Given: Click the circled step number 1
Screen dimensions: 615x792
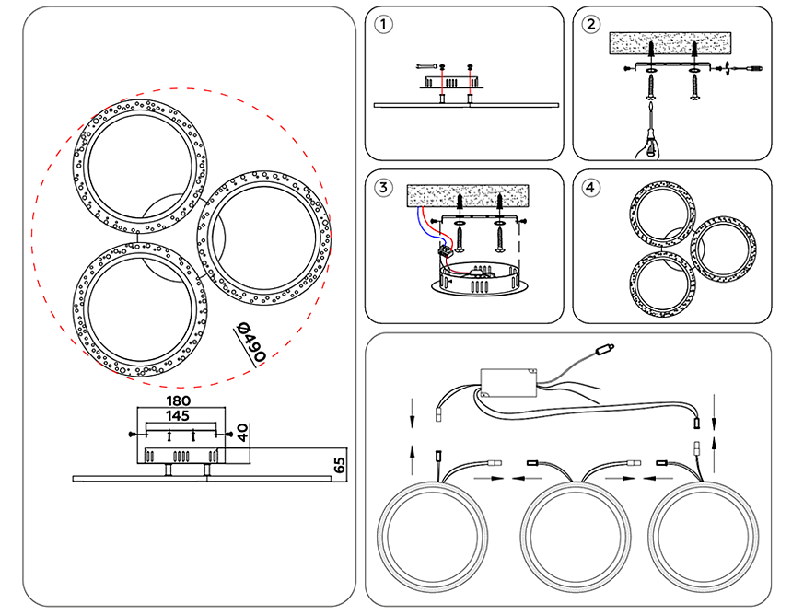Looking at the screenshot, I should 384,25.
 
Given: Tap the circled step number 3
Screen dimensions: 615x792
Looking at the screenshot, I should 384,188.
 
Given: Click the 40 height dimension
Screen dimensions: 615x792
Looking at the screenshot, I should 242,431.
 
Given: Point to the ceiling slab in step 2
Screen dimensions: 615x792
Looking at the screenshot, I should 670,44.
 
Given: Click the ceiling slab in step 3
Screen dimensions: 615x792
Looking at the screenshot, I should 470,195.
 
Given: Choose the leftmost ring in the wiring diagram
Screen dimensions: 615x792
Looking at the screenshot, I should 436,535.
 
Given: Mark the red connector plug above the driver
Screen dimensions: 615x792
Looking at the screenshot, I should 606,350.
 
